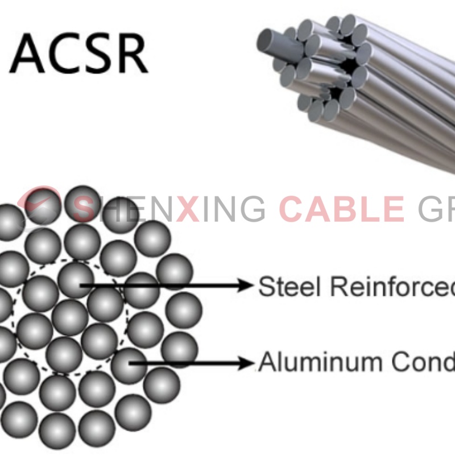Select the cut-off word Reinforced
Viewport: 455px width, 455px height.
392,286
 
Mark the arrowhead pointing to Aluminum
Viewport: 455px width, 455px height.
246,362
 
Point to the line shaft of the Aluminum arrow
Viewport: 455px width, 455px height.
188,362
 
